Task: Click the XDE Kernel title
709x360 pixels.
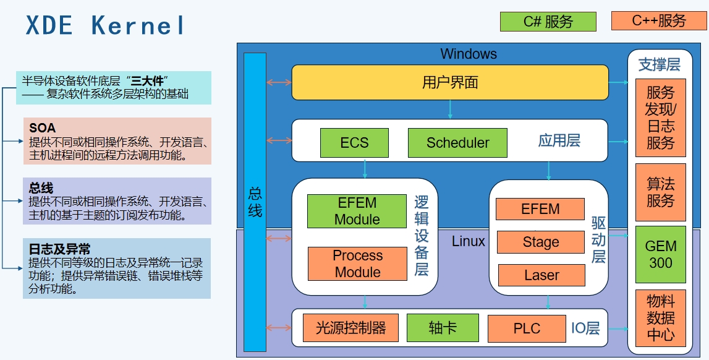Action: [105, 25]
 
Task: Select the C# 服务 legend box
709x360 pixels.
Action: [548, 22]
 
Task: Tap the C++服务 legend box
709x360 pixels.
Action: [659, 21]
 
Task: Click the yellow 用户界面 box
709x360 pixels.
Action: [449, 82]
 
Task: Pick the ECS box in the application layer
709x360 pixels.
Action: [354, 143]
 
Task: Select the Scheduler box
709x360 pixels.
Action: [457, 143]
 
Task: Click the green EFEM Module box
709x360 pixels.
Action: [357, 211]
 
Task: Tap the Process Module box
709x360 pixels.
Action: [357, 264]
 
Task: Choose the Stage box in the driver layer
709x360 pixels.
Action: [540, 242]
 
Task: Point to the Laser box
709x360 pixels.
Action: [541, 275]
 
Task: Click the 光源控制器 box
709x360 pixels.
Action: [350, 328]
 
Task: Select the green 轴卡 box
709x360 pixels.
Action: [443, 328]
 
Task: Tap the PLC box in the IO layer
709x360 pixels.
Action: [526, 328]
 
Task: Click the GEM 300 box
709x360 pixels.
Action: [660, 254]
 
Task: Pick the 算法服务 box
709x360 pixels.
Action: [660, 192]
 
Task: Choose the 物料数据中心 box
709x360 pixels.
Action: [660, 319]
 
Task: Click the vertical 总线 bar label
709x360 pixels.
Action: [255, 202]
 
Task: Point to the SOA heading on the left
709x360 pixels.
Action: [42, 128]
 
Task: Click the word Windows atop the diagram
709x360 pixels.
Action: [468, 54]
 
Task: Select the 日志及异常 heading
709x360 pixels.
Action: [59, 249]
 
